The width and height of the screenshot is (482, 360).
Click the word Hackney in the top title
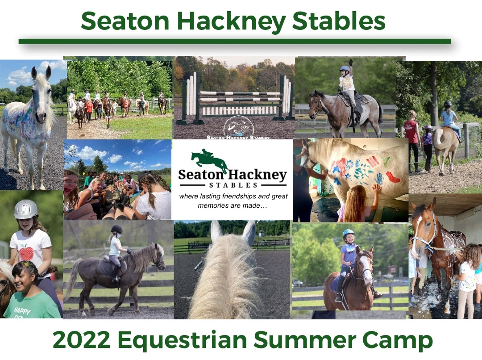pyautogui.click(x=232, y=21)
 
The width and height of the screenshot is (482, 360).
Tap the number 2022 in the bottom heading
pyautogui.click(x=82, y=340)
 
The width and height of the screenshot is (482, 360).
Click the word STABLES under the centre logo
pyautogui.click(x=233, y=185)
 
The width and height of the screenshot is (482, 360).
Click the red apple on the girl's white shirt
pyautogui.click(x=26, y=253)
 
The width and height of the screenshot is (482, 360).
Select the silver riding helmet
pyautogui.click(x=26, y=209)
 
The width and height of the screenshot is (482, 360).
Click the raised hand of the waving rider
pyautogui.click(x=350, y=63)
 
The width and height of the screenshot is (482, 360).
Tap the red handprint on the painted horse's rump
pyautogui.click(x=393, y=177)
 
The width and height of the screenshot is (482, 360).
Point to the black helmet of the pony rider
pyautogui.click(x=117, y=229)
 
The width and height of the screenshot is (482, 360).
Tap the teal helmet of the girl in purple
pyautogui.click(x=348, y=233)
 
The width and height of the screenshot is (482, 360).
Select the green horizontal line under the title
pyautogui.click(x=235, y=41)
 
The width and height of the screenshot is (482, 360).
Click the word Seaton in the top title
pyautogui.click(x=125, y=21)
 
